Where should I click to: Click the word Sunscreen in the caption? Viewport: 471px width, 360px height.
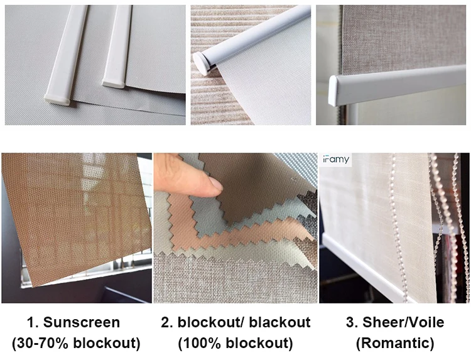82,322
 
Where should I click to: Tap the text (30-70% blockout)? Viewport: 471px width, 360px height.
76,343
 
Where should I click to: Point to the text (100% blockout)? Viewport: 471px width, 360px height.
235,343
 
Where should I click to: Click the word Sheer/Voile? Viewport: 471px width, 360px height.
403,322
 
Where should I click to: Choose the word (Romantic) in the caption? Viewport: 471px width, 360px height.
395,343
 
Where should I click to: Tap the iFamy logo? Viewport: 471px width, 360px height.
336,159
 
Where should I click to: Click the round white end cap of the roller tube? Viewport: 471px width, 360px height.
201,63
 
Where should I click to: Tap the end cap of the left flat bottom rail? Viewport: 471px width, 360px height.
57,99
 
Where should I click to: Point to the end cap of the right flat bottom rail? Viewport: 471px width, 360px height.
113,83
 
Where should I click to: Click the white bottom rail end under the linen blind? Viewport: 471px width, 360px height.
334,90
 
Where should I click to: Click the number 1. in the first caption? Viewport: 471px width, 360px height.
33,322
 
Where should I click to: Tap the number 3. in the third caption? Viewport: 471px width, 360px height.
352,322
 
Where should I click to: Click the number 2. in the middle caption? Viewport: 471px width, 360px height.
166,322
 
